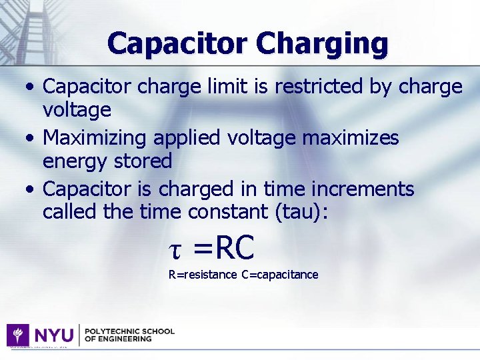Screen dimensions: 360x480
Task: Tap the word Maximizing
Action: [x=95, y=137]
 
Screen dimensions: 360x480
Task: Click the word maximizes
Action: [x=351, y=137]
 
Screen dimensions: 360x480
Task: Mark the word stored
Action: [x=145, y=161]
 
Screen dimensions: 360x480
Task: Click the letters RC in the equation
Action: [x=235, y=248]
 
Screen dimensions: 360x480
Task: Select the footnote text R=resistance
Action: [x=203, y=275]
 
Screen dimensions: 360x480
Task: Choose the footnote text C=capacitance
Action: [x=280, y=275]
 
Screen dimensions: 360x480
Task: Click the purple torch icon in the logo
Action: [x=18, y=335]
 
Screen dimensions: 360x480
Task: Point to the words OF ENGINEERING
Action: [x=118, y=339]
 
